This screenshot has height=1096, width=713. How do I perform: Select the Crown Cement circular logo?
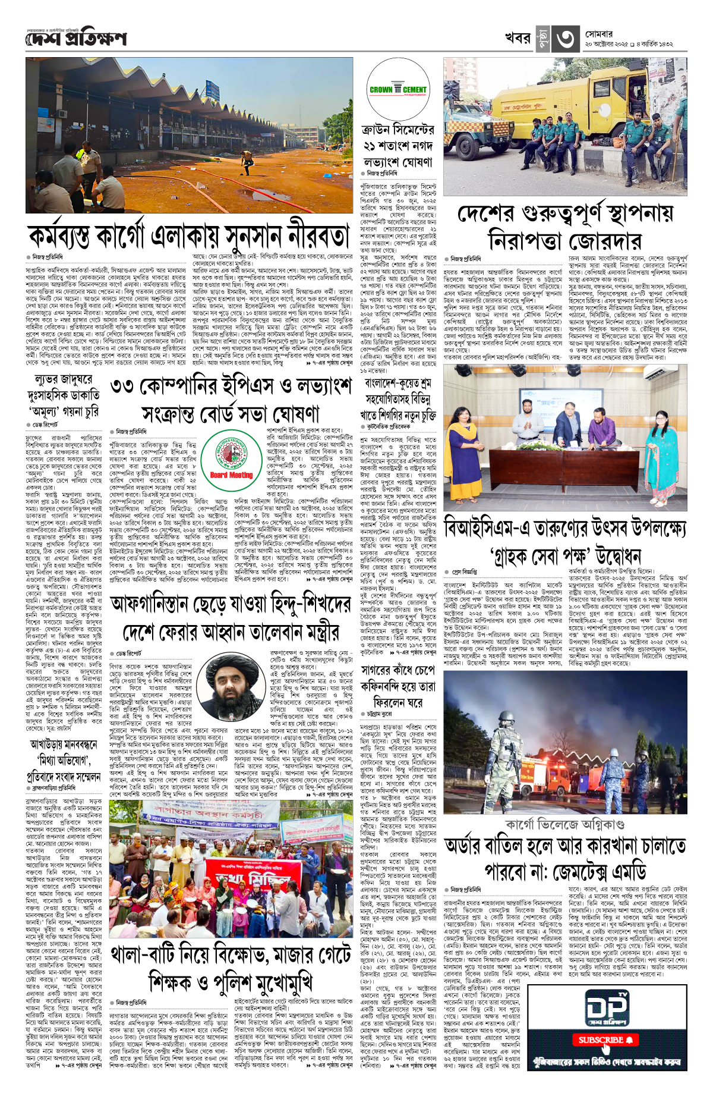(397, 89)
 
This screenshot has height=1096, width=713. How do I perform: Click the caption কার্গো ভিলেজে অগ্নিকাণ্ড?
(564, 825)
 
